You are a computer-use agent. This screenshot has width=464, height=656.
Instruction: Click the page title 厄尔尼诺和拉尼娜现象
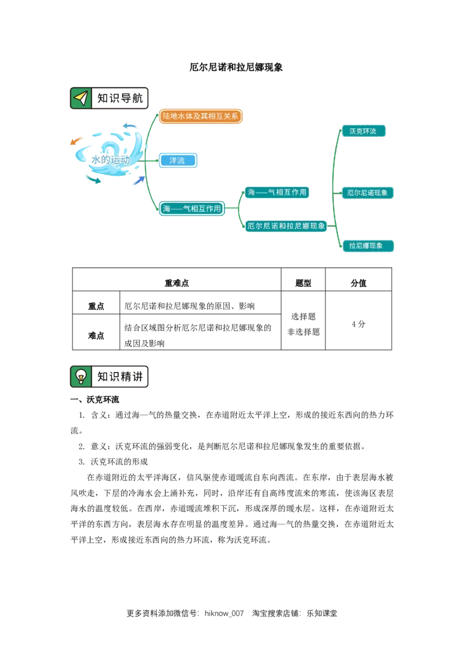click(235, 67)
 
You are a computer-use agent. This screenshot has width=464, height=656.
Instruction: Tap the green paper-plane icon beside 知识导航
click(81, 98)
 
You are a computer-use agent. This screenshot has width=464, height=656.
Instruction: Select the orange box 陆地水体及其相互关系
click(201, 116)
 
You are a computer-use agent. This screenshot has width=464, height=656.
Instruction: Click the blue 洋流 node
click(177, 161)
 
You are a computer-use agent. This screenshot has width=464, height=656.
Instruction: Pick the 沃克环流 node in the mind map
click(362, 131)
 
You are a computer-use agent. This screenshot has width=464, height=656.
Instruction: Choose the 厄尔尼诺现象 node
click(367, 193)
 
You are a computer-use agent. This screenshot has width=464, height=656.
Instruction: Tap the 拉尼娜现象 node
click(367, 246)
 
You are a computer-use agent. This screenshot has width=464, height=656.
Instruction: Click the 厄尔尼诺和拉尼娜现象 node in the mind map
click(286, 226)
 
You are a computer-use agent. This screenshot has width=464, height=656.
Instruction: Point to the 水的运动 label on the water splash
click(111, 159)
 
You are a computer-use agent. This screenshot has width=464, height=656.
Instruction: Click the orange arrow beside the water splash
click(76, 141)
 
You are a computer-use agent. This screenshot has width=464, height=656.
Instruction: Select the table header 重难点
click(177, 283)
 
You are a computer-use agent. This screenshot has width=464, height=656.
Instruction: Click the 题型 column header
click(303, 283)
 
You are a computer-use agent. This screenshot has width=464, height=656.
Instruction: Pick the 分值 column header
click(358, 283)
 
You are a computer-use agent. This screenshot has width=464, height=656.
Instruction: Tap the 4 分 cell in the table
click(358, 324)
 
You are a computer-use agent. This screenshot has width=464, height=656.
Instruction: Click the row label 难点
click(96, 336)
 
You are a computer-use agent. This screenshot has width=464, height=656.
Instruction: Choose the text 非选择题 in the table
click(303, 331)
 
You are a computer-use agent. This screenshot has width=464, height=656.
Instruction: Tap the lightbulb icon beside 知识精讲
click(81, 377)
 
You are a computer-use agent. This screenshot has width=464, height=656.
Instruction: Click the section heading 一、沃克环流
click(95, 399)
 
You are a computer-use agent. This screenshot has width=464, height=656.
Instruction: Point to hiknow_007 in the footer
click(224, 613)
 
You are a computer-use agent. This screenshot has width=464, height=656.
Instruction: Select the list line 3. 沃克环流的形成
click(113, 462)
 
